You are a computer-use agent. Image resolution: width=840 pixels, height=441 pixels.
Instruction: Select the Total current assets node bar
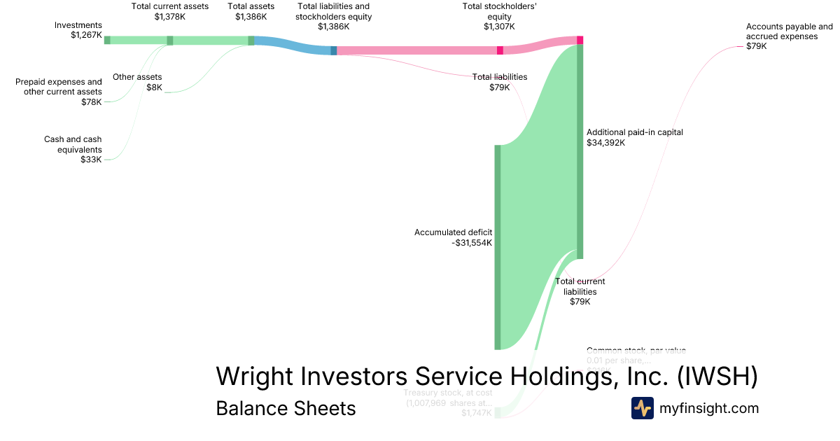coord(170,41)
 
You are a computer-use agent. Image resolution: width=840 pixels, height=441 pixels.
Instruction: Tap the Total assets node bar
coord(251,41)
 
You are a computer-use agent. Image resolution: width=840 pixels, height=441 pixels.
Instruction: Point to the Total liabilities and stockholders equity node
coord(334,50)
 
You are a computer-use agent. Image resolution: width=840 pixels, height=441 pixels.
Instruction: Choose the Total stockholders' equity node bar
coord(500,50)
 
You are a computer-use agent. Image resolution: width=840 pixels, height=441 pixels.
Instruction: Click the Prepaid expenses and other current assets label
coord(59,92)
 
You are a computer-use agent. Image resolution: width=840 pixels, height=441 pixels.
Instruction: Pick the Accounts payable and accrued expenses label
coord(789,36)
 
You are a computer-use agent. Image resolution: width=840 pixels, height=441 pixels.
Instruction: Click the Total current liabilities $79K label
coord(580,291)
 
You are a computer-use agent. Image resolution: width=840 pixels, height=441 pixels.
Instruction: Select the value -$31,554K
coord(472,243)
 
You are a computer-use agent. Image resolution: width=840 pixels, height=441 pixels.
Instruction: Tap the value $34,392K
coord(605,142)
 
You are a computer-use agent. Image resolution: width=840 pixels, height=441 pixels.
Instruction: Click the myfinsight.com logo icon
coord(642,408)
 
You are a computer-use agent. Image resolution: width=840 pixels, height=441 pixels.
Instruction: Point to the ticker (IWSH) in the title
coord(717,376)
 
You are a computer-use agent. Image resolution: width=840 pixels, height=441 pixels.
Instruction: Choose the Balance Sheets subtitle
coord(286,408)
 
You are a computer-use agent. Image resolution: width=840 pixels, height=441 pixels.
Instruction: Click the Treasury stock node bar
coord(498,412)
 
